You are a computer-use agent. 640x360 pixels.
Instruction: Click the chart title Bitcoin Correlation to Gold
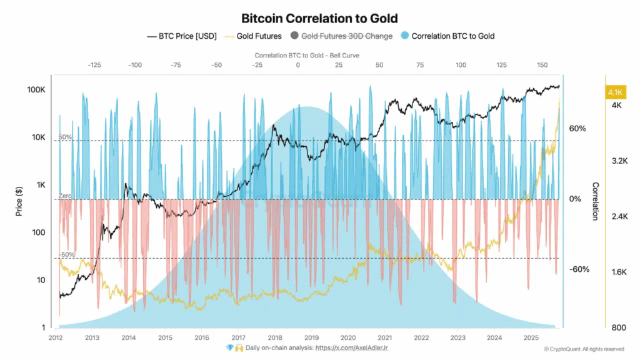click(x=319, y=19)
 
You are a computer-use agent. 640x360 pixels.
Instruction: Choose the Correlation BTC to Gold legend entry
click(x=452, y=36)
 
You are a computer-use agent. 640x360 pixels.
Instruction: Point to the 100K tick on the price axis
click(x=36, y=90)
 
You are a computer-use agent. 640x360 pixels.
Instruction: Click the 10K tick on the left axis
click(x=37, y=137)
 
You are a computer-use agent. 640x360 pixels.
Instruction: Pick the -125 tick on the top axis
click(x=94, y=65)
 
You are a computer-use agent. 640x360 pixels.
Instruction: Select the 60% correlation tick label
click(x=577, y=129)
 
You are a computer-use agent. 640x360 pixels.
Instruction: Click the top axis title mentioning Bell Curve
click(x=298, y=56)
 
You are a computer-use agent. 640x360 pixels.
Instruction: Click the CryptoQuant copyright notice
click(x=583, y=349)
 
